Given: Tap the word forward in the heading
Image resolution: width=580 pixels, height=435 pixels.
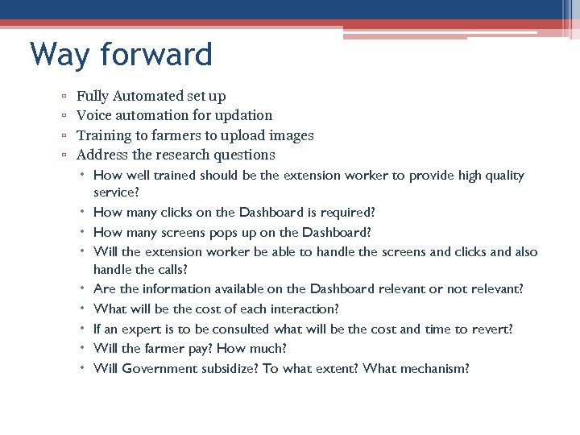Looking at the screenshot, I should pyautogui.click(x=156, y=55).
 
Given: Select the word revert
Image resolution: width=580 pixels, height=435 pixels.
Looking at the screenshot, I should pyautogui.click(x=491, y=329).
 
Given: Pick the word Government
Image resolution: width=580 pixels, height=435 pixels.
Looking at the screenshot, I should pyautogui.click(x=157, y=369).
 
